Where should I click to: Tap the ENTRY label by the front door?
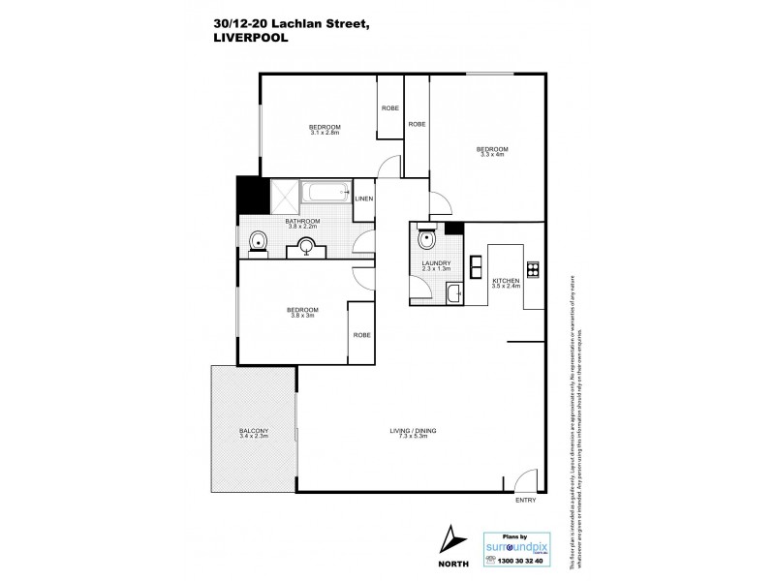click(525, 501)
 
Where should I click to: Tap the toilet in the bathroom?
click(257, 242)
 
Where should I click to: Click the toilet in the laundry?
click(427, 239)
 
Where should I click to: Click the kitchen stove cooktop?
click(531, 268)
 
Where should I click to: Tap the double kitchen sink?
click(476, 265)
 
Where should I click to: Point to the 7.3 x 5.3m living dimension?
click(412, 437)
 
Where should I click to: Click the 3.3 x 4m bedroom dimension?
click(492, 154)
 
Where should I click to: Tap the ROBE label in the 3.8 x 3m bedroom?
click(360, 335)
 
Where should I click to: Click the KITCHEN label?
click(507, 281)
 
